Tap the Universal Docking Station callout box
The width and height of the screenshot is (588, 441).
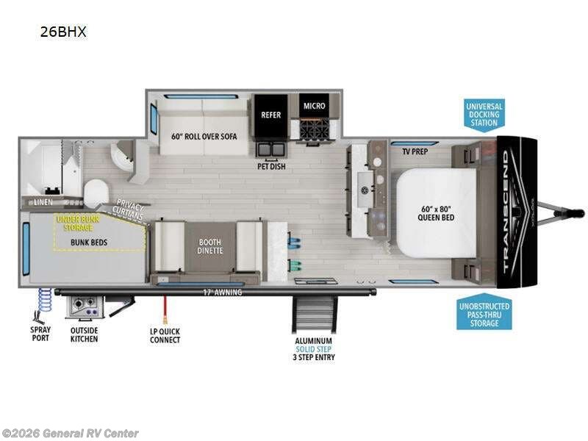pos(484,114)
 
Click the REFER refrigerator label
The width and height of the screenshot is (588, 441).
pos(270,114)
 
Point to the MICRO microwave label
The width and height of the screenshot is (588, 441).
pos(315,106)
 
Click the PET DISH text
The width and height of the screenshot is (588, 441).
pos(271,167)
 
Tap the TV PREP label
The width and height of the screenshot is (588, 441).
pos(416,153)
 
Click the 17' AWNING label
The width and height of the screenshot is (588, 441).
pos(223,293)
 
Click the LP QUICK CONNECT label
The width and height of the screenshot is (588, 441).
pos(165,336)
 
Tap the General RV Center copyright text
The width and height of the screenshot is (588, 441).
pos(71,434)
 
